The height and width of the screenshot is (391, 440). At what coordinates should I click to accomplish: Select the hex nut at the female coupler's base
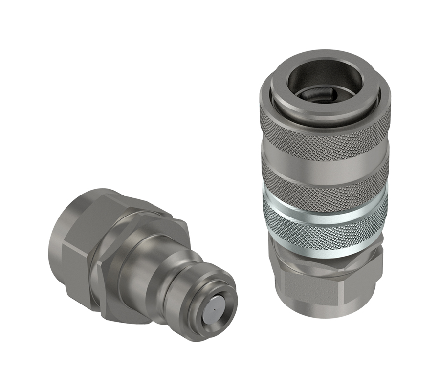pyautogui.click(x=325, y=274)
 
